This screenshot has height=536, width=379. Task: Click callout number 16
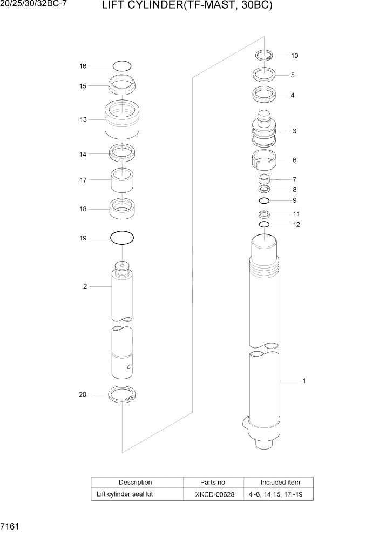[x=83, y=66]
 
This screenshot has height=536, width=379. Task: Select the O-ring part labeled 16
[x=122, y=66]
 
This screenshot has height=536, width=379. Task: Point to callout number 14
[x=83, y=154]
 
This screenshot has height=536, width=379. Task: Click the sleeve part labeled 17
[x=122, y=181]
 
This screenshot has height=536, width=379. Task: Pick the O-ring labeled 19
[x=122, y=237]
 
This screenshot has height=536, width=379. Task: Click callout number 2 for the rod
[x=85, y=286]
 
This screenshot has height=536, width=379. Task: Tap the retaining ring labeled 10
[x=264, y=55]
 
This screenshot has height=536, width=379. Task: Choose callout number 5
[x=293, y=75]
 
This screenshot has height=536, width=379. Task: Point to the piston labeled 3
[x=264, y=131]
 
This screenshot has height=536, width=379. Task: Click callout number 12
[x=296, y=224]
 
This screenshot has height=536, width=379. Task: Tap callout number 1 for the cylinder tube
[x=304, y=381]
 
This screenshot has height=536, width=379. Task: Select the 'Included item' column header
[x=280, y=482]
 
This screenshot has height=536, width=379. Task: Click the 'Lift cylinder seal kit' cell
[x=125, y=494]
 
